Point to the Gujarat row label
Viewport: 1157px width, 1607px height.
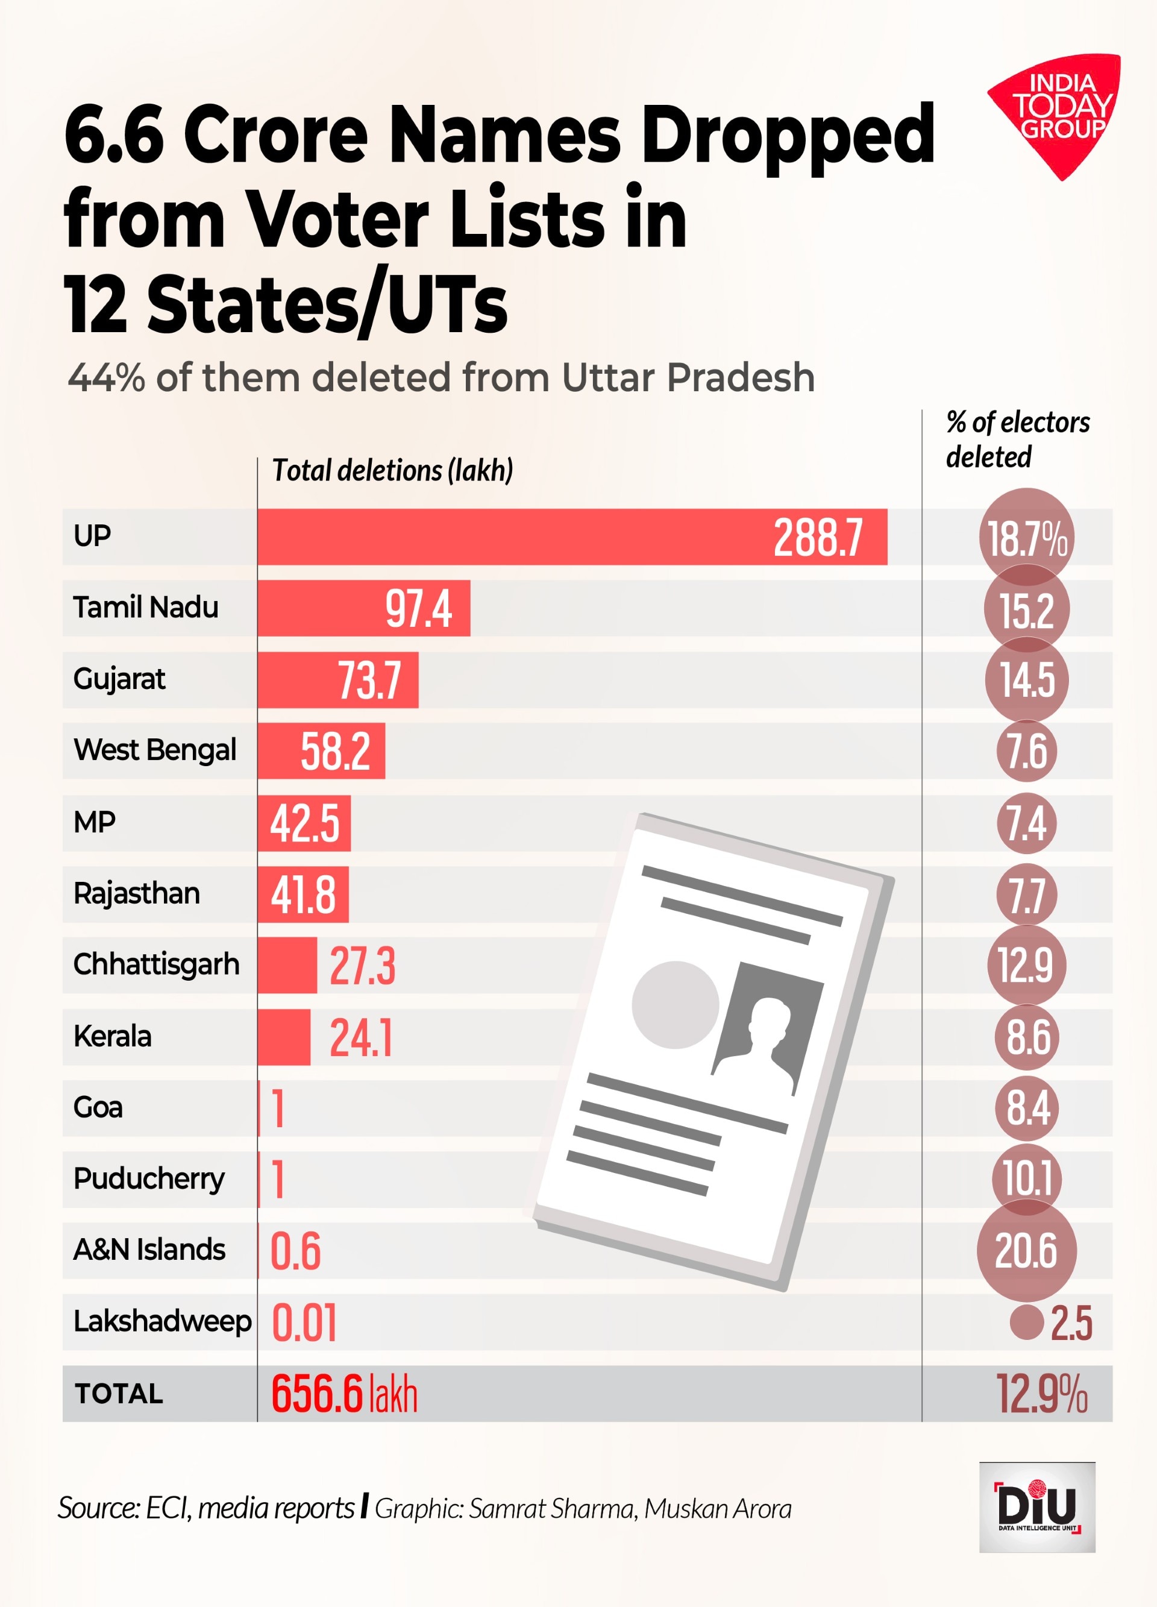(x=119, y=679)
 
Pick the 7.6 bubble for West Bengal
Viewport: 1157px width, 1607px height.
(x=1027, y=751)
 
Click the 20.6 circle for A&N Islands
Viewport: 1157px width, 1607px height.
(x=1026, y=1251)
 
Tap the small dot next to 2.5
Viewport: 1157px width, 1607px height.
(x=1026, y=1322)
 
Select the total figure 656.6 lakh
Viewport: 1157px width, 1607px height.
(x=344, y=1394)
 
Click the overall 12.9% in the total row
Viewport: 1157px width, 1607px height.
(x=1041, y=1394)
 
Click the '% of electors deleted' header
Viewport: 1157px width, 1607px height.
(x=1017, y=439)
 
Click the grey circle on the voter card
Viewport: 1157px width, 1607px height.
(x=674, y=1005)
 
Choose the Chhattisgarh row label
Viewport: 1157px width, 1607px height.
(x=156, y=964)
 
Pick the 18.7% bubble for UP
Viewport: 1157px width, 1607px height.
(x=1027, y=538)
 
